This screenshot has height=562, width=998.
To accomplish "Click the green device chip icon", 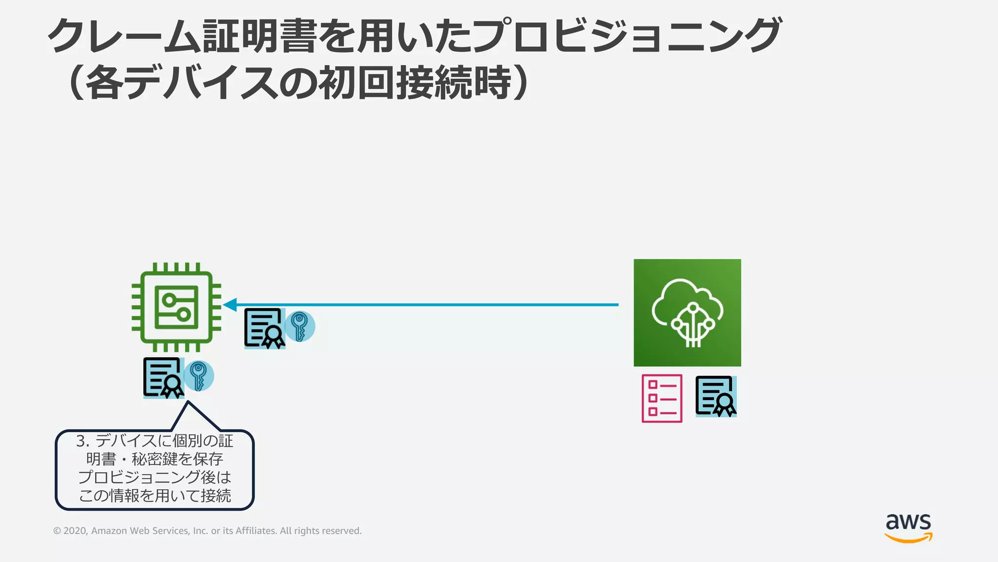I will click(176, 307).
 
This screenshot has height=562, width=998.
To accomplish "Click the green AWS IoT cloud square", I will click(687, 313).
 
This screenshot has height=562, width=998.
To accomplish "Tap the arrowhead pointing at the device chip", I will click(230, 305).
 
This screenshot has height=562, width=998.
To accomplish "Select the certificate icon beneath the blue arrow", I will click(264, 328).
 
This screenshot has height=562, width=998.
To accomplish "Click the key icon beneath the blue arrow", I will click(300, 326).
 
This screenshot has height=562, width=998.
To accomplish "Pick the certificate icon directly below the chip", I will click(163, 378).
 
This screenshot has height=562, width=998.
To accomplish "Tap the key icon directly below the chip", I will click(199, 376).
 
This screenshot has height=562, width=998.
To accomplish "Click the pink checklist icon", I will click(662, 398).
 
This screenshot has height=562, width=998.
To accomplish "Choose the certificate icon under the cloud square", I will click(715, 396).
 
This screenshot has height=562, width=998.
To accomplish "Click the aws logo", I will click(908, 527).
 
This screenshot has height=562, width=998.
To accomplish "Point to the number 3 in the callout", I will click(81, 441).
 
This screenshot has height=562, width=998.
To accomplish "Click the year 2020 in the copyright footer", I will click(75, 531).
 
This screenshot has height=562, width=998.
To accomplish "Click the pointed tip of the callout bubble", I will click(188, 402).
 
